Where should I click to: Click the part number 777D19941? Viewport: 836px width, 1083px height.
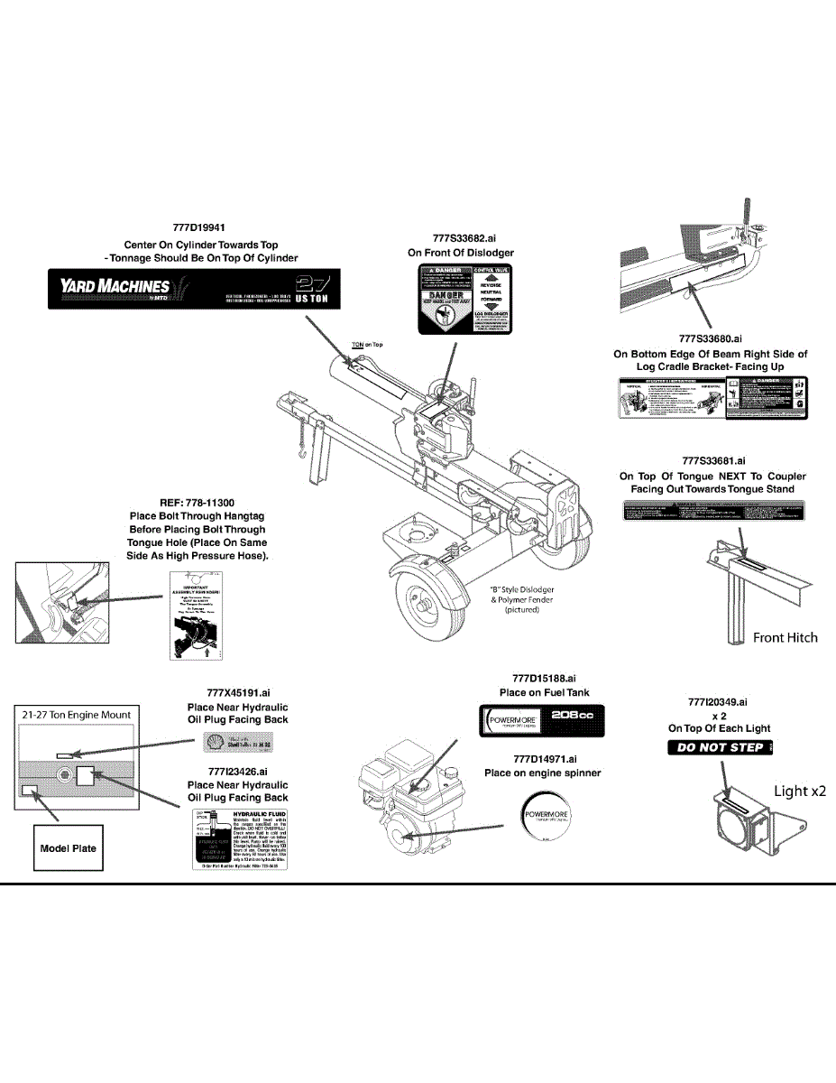(199, 229)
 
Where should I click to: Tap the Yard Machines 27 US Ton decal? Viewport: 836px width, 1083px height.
(193, 289)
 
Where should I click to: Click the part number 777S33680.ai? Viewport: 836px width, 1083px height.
(710, 339)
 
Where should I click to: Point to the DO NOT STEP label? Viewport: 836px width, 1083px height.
(721, 747)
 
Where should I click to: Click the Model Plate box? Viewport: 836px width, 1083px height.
(68, 848)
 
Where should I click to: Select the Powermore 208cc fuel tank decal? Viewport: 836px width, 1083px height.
(540, 722)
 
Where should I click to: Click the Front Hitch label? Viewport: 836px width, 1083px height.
(785, 637)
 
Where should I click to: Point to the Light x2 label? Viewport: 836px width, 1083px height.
(800, 791)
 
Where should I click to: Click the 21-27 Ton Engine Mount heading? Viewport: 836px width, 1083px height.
(77, 715)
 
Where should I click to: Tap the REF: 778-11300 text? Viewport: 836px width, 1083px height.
(197, 503)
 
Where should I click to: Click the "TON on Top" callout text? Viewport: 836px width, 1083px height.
(367, 345)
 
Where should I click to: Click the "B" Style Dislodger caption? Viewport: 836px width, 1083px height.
(521, 599)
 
